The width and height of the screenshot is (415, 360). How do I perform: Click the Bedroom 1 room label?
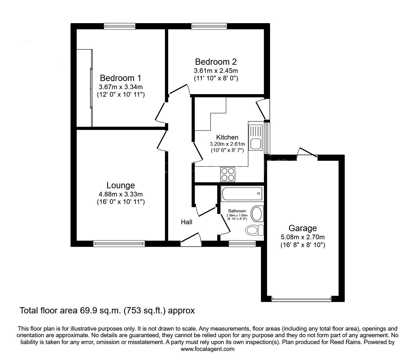click(x=120, y=78)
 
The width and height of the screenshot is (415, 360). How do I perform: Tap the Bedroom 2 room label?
click(x=216, y=62)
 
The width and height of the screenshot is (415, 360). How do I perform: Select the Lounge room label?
click(x=120, y=185)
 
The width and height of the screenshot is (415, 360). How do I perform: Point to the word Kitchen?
click(x=227, y=137)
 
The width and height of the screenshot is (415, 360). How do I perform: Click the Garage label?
click(x=302, y=228)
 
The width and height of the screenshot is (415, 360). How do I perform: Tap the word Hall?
click(x=187, y=222)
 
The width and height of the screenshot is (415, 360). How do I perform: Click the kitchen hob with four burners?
click(x=228, y=174)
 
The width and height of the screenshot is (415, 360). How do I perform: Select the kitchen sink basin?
click(x=255, y=144)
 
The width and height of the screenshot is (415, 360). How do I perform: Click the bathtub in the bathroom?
click(x=242, y=193)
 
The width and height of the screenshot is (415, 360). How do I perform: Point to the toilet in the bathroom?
click(x=254, y=230)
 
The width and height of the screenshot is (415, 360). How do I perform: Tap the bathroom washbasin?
click(x=257, y=214)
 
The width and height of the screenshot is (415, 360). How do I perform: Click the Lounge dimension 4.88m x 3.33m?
click(x=120, y=194)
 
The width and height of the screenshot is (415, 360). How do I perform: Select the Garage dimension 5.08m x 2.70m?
click(x=302, y=237)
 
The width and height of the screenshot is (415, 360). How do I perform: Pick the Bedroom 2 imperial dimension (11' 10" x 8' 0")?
click(x=216, y=78)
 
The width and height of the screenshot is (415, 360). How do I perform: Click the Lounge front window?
click(x=119, y=244)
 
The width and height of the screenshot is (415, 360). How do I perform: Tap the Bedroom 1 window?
click(x=120, y=26)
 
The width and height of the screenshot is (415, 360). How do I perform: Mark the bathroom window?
click(x=242, y=244)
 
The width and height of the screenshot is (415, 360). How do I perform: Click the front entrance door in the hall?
click(x=191, y=240)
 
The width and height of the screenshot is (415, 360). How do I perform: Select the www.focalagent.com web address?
click(x=207, y=349)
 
